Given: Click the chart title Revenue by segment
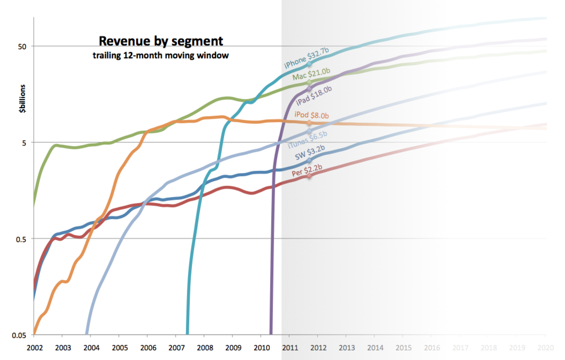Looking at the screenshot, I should (161, 41).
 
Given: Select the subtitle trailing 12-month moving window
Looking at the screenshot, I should (160, 56).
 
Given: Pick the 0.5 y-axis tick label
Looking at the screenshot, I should (22, 239).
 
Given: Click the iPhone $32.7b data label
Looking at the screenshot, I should (306, 58).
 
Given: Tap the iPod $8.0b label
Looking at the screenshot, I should (312, 116).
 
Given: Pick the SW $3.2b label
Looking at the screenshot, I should (310, 152).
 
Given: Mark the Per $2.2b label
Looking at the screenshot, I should (307, 169).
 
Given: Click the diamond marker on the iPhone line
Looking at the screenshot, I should (309, 64).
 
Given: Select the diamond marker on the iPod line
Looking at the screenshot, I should (309, 123).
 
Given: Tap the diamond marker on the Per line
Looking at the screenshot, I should (309, 176).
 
